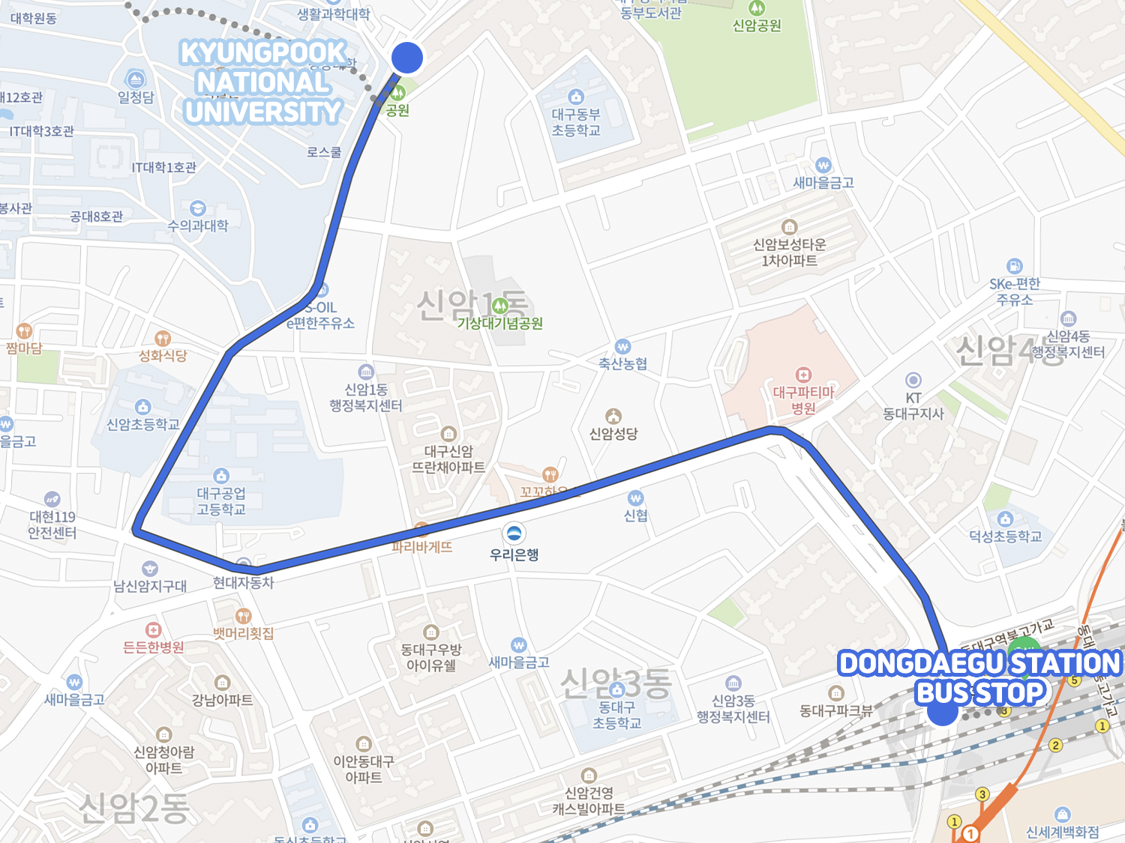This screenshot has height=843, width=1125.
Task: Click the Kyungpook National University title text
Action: point(262,82)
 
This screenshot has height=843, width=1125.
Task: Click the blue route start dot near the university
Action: point(407,58)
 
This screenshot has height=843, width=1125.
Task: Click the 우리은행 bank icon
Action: point(514,534)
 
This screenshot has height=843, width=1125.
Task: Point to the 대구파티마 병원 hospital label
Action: point(803,400)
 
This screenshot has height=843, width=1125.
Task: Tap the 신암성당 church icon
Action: point(613,417)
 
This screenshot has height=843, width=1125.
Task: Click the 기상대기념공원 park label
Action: point(500,323)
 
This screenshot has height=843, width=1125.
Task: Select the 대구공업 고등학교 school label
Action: point(221,501)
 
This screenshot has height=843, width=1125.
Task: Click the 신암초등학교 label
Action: point(142,424)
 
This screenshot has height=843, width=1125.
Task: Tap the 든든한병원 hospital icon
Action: point(153,629)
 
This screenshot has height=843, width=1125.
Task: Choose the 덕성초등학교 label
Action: point(1005,536)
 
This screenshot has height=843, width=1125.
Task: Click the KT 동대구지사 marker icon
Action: point(913,380)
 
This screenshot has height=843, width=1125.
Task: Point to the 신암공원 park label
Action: point(757,25)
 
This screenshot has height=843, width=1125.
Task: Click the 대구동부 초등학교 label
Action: point(576,122)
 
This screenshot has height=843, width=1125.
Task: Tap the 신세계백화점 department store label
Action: point(1062,832)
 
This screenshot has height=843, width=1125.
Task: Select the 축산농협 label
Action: point(622,363)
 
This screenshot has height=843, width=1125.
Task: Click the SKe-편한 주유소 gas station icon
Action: point(1014,266)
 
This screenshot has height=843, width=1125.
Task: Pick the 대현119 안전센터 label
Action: point(52,525)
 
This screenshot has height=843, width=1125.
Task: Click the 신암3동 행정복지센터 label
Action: point(733,709)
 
